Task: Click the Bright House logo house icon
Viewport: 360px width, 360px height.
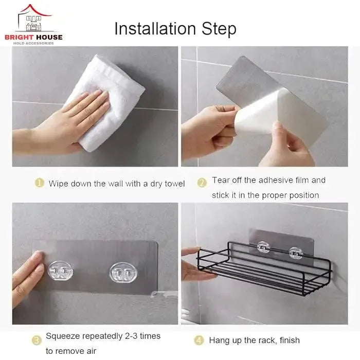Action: (x=34, y=19)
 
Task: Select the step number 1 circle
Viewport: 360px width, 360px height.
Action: (x=39, y=183)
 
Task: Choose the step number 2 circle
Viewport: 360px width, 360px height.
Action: (x=202, y=182)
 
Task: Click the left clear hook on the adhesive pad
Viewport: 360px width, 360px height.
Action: (x=60, y=271)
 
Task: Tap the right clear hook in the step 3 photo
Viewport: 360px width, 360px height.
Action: (x=121, y=272)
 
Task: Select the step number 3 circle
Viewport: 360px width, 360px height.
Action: (x=37, y=340)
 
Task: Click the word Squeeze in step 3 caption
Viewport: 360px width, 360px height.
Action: (x=64, y=336)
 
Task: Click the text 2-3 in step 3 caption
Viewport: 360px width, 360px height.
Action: (x=130, y=336)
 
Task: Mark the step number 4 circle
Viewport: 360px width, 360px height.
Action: (x=200, y=340)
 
